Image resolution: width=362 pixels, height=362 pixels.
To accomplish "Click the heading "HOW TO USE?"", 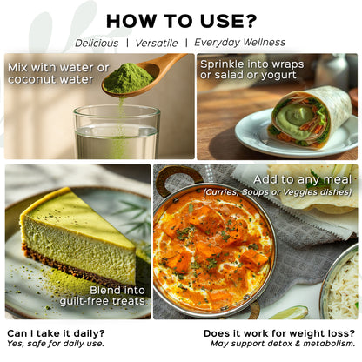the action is click(x=181, y=21).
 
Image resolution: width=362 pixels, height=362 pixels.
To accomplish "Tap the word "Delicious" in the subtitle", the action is click(x=97, y=44).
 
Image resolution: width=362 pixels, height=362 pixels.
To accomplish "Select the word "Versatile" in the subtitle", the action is click(x=157, y=44).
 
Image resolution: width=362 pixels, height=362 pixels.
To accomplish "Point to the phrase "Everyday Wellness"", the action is click(x=240, y=43).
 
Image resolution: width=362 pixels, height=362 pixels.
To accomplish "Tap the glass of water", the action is click(x=117, y=132).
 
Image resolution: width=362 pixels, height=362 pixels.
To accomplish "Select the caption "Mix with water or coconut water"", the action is click(x=58, y=73).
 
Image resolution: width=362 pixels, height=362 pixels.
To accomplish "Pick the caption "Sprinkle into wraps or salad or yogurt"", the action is click(x=252, y=70).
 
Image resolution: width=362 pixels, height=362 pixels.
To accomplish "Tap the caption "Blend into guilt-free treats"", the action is click(x=103, y=296).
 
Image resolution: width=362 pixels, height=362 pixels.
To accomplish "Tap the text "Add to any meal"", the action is click(x=303, y=179).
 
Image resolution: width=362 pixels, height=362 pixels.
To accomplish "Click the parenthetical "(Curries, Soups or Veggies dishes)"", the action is click(x=278, y=192).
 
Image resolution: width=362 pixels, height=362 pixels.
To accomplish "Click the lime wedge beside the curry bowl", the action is click(x=289, y=313).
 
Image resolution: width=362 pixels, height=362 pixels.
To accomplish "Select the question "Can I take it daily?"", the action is click(x=56, y=333).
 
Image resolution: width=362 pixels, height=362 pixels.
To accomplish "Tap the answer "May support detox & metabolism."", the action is click(x=283, y=344).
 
